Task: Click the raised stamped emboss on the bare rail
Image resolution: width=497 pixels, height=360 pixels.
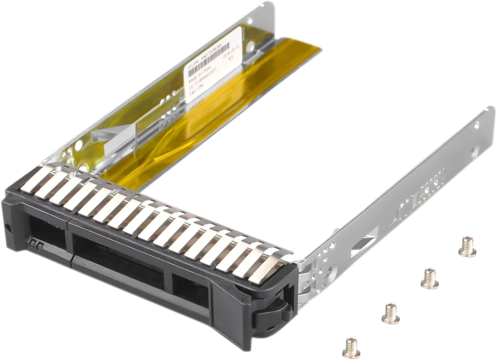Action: point(422,187)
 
